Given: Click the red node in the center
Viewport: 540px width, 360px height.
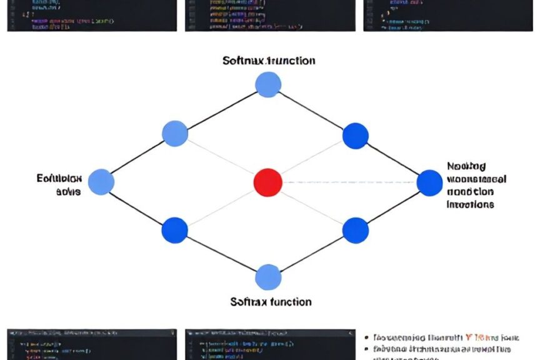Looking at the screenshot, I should [268, 182].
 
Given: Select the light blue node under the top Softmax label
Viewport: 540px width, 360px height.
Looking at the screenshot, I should [268, 84].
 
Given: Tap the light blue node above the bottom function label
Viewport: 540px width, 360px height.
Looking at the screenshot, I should [268, 277].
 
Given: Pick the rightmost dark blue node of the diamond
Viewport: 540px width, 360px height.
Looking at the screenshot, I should [429, 182].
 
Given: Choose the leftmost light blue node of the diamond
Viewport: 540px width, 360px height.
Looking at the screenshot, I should [101, 182].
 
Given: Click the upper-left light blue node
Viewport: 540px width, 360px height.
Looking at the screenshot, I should [175, 134].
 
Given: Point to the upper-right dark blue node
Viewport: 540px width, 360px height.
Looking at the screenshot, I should [356, 136].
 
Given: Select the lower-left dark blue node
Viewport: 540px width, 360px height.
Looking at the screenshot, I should [174, 230].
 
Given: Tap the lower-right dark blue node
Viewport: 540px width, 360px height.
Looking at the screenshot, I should [356, 230].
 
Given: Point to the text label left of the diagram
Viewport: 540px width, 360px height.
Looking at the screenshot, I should [59, 185].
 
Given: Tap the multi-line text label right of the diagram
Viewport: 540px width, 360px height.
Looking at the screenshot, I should [476, 185].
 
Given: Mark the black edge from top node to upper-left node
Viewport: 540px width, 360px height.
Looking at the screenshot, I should [222, 109].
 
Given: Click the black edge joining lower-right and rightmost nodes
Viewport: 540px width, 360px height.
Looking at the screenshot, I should [392, 206].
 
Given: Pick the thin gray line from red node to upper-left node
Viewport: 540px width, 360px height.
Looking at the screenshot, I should [221, 158].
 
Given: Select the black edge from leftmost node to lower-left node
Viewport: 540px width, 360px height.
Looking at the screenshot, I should [137, 206].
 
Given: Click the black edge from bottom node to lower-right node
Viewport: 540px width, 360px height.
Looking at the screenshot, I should [312, 254].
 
